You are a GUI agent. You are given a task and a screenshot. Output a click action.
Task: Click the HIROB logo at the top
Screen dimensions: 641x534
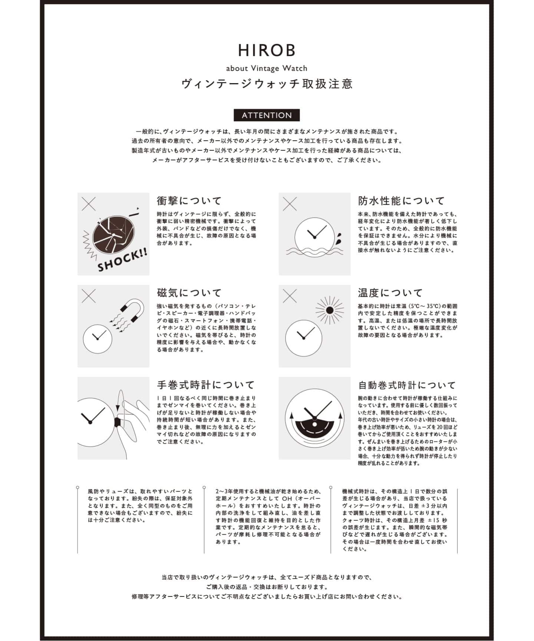click(267, 50)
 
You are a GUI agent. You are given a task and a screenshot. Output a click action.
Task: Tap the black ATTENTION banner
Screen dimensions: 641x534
click(267, 115)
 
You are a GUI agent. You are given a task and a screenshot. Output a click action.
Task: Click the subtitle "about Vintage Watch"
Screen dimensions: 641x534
click(267, 68)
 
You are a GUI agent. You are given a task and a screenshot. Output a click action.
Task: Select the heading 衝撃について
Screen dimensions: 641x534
click(189, 201)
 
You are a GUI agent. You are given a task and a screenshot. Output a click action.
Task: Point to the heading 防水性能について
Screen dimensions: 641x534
click(401, 201)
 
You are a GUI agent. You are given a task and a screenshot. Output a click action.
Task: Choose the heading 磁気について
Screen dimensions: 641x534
click(189, 293)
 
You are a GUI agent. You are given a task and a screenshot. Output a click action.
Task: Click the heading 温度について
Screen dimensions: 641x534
click(390, 293)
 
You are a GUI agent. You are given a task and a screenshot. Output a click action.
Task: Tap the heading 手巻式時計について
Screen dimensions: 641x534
click(206, 385)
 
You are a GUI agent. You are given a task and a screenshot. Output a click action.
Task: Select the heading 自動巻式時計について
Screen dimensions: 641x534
click(407, 385)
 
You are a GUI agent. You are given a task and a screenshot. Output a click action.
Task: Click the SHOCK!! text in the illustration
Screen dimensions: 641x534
click(122, 260)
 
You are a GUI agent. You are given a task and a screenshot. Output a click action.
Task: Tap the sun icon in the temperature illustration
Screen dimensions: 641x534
click(329, 310)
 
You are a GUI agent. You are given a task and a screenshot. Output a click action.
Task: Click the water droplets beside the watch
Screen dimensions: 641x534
click(338, 239)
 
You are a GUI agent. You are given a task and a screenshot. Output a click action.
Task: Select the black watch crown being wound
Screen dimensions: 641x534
click(118, 422)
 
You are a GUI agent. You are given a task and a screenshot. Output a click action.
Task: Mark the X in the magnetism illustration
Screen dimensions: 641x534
click(89, 296)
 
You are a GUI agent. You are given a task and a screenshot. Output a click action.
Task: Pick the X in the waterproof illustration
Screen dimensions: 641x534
click(290, 204)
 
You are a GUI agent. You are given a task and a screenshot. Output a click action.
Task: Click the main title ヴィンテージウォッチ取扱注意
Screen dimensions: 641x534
click(267, 84)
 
